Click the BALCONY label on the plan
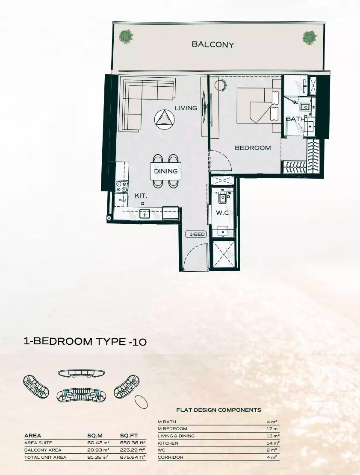coord(213,44)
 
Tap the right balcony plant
coord(310,37)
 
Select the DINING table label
coord(165,171)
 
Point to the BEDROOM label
coord(253,148)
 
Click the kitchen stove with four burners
coord(121,186)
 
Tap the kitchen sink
coord(145,214)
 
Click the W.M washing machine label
coord(122,200)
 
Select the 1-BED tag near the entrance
coord(197,234)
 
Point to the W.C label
coord(222,213)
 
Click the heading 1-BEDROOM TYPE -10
coord(85,342)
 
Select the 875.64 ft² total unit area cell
coord(133,457)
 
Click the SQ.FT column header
coord(129,436)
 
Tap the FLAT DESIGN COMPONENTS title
coord(218,410)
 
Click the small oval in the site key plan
coord(141,402)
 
